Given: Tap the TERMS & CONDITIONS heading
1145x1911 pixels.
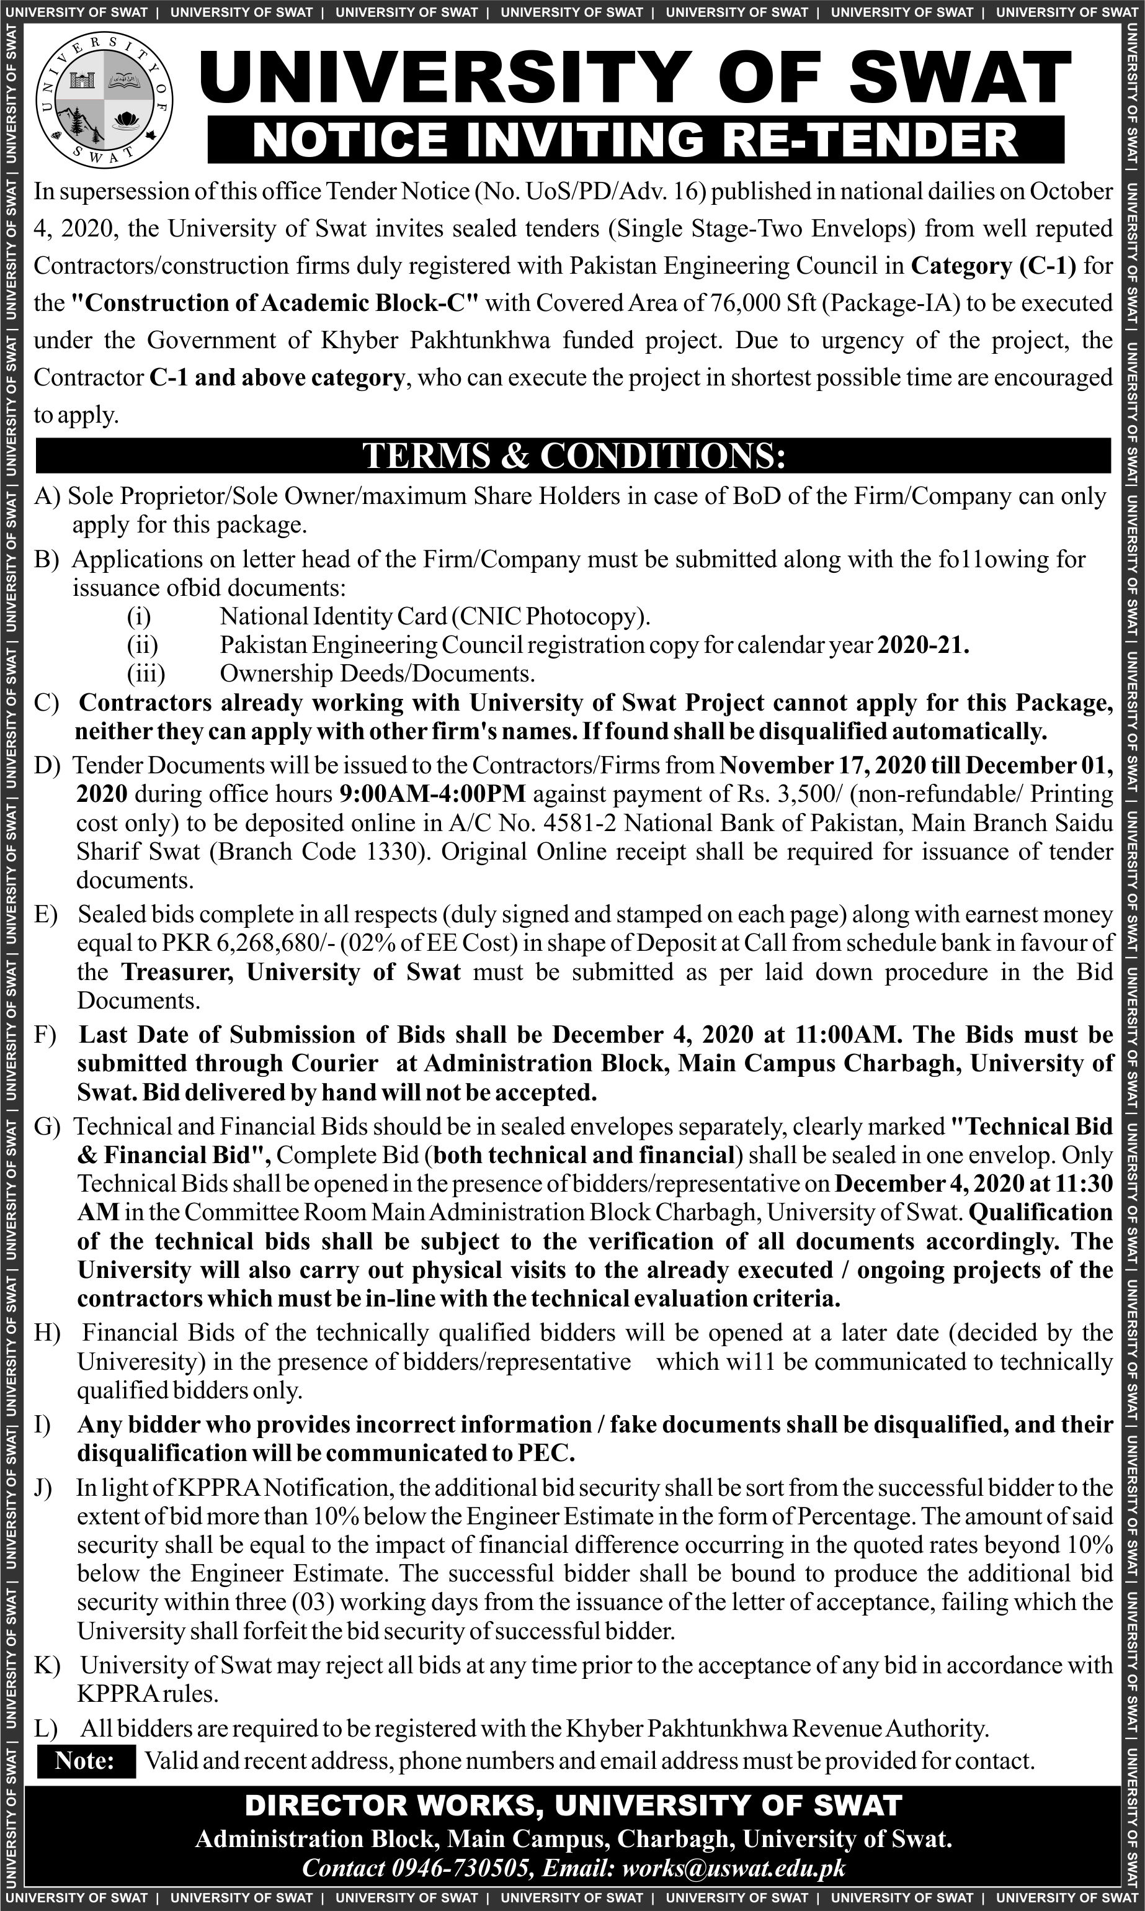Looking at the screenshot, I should (x=573, y=456).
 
